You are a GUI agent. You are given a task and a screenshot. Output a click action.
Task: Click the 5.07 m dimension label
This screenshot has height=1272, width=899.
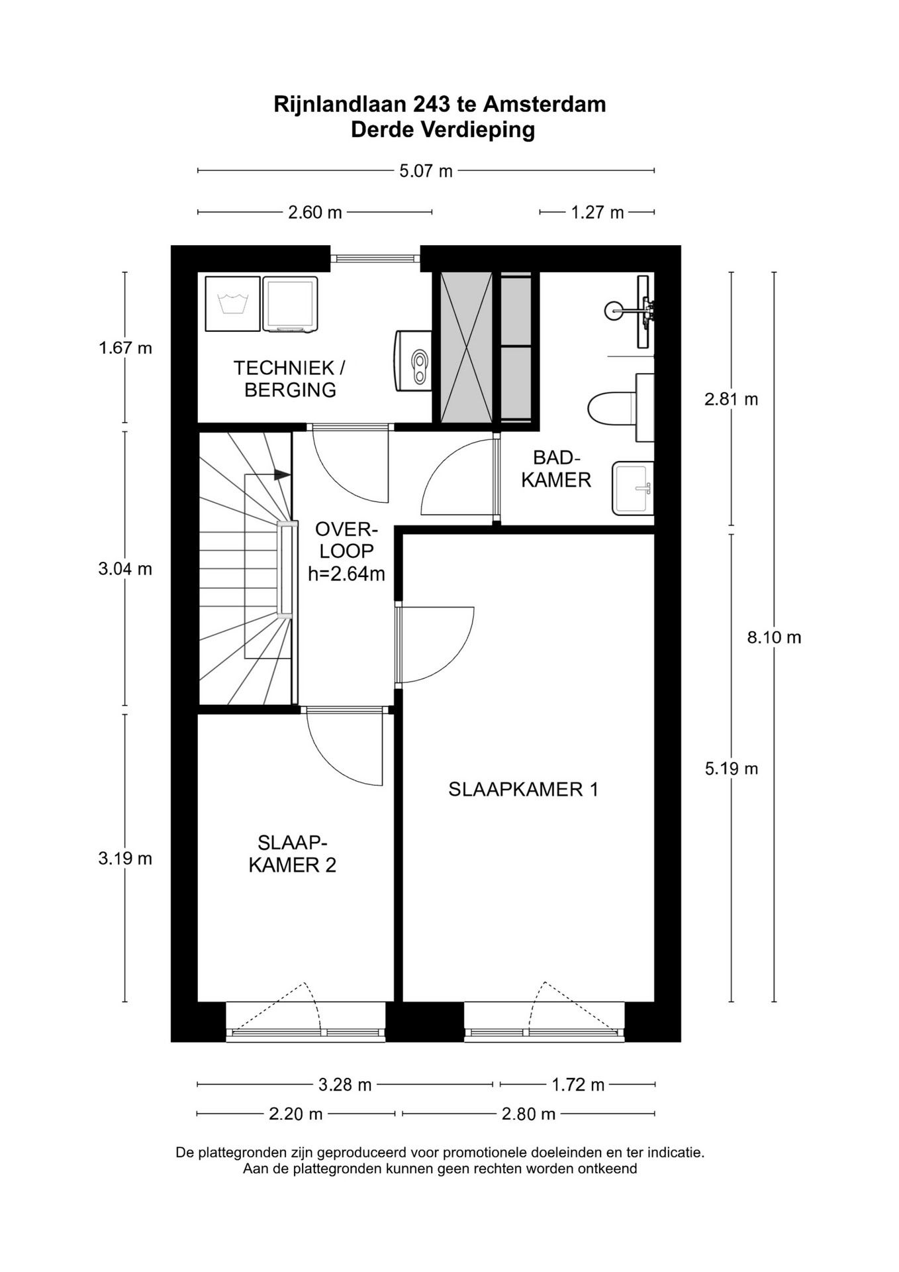tap(426, 171)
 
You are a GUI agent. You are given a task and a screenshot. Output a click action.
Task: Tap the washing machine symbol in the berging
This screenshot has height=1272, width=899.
tap(232, 304)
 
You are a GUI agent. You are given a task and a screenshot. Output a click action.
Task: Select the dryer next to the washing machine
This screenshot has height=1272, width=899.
tap(290, 304)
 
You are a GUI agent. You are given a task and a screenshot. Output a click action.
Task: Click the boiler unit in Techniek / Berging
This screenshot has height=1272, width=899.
tap(413, 360)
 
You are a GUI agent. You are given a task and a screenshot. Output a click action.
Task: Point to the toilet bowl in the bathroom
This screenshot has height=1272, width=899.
tap(610, 407)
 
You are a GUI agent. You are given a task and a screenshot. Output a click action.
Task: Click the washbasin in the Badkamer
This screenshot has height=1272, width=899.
tap(632, 488)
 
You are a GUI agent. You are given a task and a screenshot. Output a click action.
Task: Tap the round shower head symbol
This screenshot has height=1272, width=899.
tap(614, 309)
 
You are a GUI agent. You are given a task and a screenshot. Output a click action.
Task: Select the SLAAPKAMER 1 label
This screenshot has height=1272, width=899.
tap(523, 789)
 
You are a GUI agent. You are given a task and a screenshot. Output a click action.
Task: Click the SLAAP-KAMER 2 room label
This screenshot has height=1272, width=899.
tap(292, 854)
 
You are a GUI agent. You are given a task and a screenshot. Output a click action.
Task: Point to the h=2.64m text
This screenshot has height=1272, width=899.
tap(346, 574)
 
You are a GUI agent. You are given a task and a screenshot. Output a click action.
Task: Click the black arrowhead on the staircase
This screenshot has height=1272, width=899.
tap(282, 474)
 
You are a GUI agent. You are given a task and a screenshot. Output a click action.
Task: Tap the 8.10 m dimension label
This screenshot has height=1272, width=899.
tap(774, 637)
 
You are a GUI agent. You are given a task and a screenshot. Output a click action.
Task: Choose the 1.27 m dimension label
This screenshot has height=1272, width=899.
tap(597, 213)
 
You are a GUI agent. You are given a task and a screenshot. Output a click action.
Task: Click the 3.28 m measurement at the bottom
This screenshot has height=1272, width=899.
tap(344, 1085)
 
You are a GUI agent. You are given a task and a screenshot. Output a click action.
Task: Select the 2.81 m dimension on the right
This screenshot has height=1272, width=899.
tap(731, 399)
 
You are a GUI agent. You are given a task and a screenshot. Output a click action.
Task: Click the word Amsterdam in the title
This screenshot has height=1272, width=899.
tap(544, 105)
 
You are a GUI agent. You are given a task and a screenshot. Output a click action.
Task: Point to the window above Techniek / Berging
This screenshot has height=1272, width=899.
tap(375, 258)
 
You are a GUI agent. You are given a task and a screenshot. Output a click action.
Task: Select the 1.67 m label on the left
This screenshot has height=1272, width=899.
tap(125, 347)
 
